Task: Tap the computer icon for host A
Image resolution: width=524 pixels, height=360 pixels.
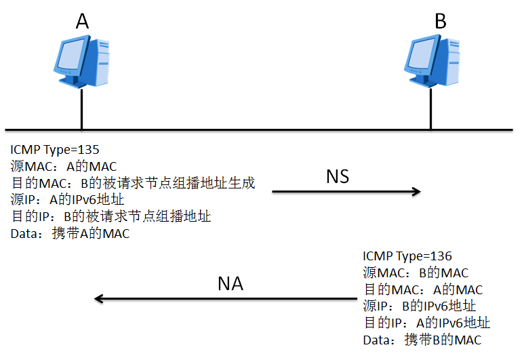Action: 82,62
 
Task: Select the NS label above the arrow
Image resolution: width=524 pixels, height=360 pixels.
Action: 338,176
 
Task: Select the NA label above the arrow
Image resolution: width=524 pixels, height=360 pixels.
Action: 230,283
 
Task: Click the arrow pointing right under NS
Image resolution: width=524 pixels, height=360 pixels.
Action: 346,193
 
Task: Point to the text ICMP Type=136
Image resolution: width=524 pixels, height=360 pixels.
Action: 407,256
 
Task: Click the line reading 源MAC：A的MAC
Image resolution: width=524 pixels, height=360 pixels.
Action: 64,167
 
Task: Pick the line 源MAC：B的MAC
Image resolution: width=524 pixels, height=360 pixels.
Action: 416,273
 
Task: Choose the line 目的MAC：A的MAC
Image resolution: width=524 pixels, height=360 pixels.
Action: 423,289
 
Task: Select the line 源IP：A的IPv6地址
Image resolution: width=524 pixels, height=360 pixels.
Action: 68,201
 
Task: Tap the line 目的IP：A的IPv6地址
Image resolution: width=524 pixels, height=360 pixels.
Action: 426,323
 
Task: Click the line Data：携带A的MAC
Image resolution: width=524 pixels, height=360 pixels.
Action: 70,235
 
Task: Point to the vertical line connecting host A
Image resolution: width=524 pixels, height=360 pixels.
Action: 82,108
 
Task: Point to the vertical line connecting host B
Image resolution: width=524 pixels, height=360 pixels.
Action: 431,108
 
